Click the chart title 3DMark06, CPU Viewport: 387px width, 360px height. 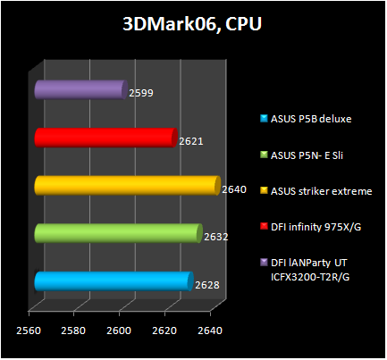192,24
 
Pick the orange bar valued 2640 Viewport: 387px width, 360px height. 126,185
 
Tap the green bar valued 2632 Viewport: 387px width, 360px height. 117,233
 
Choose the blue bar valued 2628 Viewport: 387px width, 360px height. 113,281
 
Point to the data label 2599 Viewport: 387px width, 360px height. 142,93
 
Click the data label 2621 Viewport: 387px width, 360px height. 192,141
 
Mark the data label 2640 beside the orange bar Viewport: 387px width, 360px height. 234,189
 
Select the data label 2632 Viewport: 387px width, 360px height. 216,238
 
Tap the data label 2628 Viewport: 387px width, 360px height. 207,286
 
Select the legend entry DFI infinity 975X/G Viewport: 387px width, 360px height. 316,227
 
